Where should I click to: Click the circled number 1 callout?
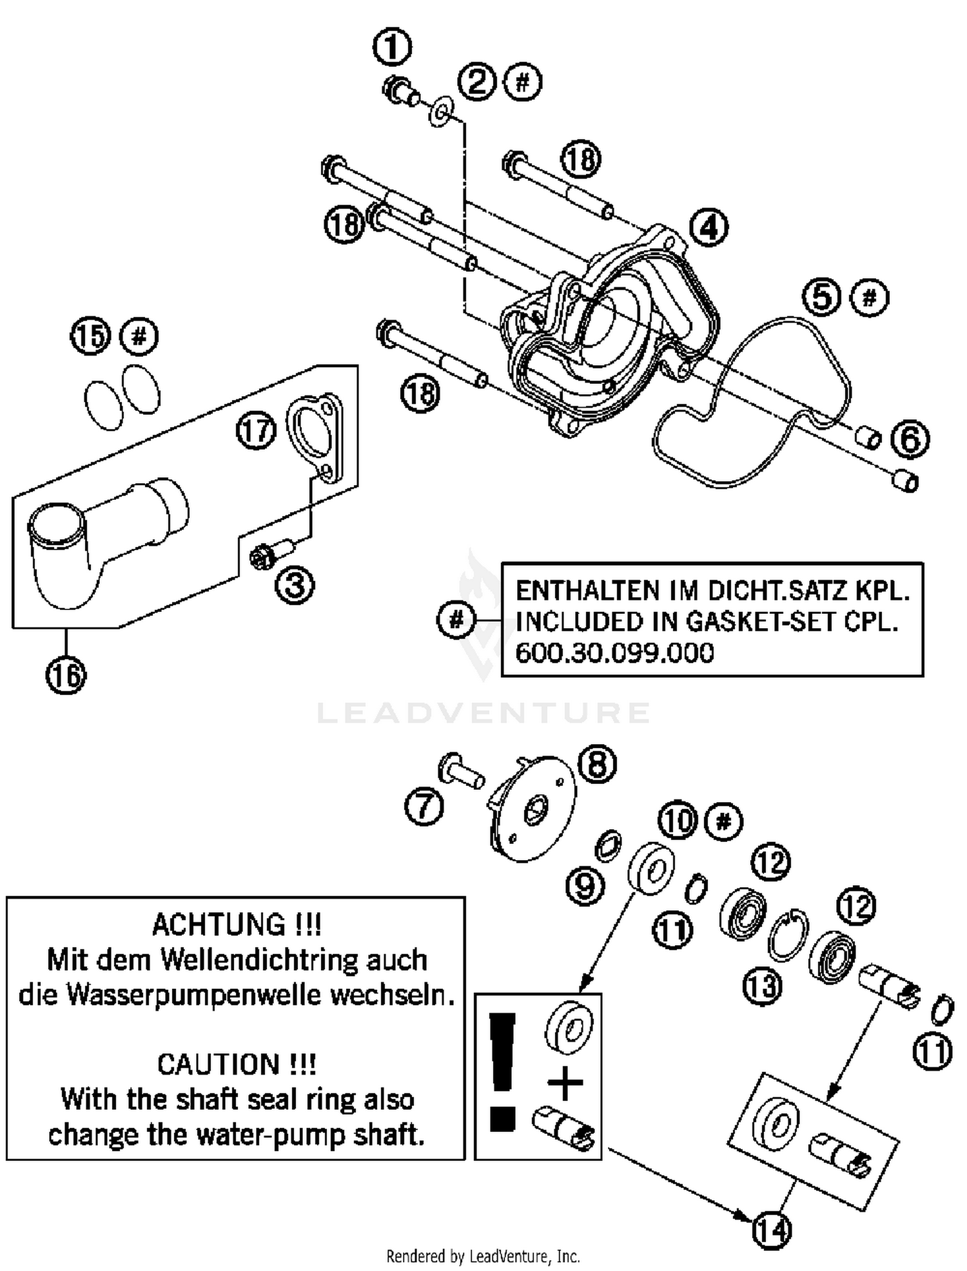click(x=392, y=46)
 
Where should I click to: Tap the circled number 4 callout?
click(x=708, y=227)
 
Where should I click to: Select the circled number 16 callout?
click(x=66, y=676)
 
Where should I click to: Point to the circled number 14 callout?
click(x=771, y=1230)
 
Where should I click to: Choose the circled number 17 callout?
click(x=256, y=430)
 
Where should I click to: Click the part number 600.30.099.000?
click(x=614, y=653)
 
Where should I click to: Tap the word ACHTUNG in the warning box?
click(x=219, y=925)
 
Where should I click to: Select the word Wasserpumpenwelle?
click(x=256, y=995)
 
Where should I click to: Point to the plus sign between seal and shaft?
click(x=565, y=1083)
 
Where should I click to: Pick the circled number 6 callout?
click(x=910, y=439)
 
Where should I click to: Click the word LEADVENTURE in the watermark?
click(x=484, y=712)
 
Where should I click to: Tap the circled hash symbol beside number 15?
click(x=140, y=336)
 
